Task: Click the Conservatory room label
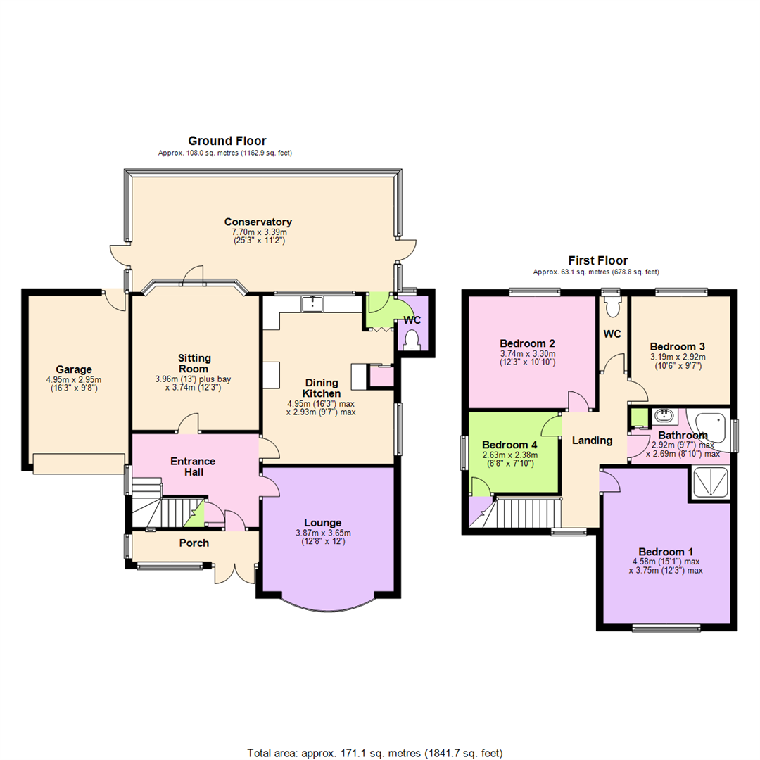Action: [258, 222]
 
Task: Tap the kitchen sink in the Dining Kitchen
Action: [310, 303]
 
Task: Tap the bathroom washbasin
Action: [661, 415]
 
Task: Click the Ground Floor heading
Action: [227, 141]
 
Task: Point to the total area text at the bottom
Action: [375, 753]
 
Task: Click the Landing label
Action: [591, 441]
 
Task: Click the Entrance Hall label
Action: [193, 467]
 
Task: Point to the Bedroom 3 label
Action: [677, 347]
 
